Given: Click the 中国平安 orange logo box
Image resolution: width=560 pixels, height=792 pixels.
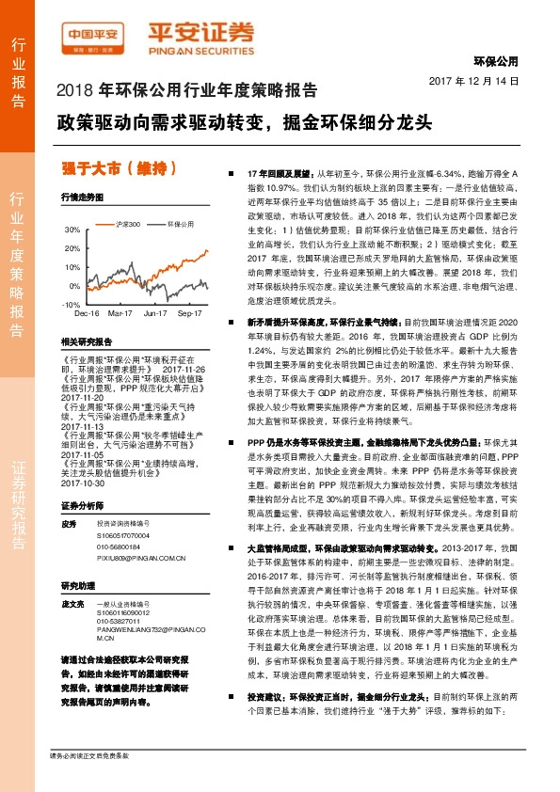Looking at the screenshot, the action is (x=91, y=37).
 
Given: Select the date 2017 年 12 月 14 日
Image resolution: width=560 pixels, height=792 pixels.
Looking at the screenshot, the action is (x=480, y=82).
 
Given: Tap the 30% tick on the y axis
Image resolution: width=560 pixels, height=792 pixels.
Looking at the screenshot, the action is (x=72, y=230).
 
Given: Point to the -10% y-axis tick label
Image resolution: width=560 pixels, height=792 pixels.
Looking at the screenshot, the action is (x=71, y=305).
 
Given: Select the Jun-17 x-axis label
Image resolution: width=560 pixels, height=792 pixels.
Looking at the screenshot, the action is (x=155, y=311).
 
